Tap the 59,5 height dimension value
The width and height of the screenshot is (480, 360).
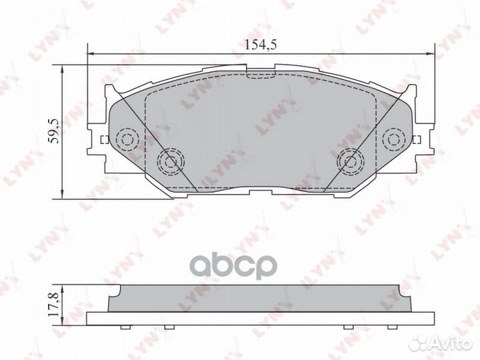[55, 130]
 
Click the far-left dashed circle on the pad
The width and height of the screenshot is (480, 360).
[125, 139]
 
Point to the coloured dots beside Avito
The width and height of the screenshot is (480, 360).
[418, 343]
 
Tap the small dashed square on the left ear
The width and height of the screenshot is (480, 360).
[103, 140]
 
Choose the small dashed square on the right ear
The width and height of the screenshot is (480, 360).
[417, 140]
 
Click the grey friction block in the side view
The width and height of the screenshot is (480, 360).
[260, 298]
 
